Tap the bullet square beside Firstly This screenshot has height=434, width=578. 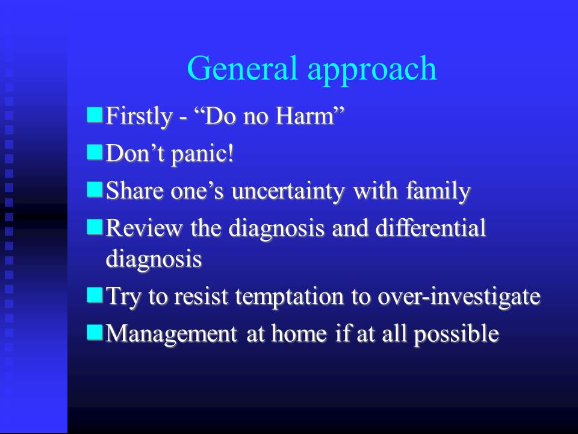click(x=95, y=115)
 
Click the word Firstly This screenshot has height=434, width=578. click(x=139, y=118)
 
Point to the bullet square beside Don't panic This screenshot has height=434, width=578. click(x=95, y=152)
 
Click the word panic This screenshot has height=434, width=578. click(x=203, y=154)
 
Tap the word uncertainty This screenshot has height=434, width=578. click(x=288, y=192)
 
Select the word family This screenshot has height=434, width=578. click(x=438, y=192)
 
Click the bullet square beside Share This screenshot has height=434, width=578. click(x=95, y=190)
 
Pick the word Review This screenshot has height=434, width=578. click(x=144, y=228)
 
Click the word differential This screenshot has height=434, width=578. click(x=430, y=227)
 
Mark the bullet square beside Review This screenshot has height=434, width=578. click(x=95, y=227)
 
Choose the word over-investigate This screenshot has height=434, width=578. click(x=459, y=297)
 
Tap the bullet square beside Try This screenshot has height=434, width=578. click(x=95, y=295)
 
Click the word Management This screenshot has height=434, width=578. click(x=172, y=335)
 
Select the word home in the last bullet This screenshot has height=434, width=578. click(x=299, y=333)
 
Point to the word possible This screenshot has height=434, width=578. click(x=456, y=335)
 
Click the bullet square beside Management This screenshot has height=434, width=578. click(x=95, y=333)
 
